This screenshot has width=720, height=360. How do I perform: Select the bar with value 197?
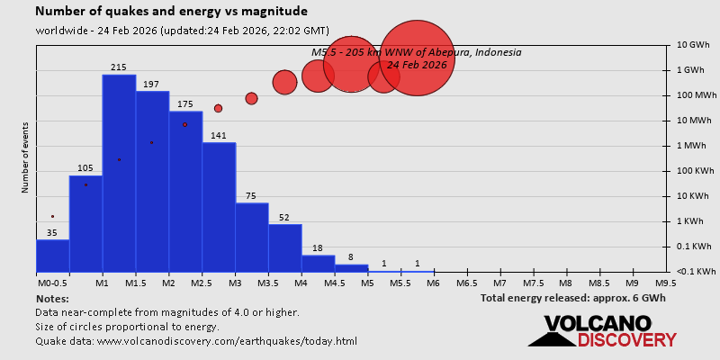click(x=152, y=181)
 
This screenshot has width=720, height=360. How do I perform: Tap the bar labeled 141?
click(x=219, y=207)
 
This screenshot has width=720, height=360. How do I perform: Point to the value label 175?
click(x=185, y=104)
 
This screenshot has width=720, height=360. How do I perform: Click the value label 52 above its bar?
click(x=284, y=218)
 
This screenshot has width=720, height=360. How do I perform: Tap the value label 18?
click(x=318, y=248)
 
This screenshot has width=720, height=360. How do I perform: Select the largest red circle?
click(x=417, y=58)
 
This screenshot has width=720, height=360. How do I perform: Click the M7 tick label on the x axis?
click(x=500, y=283)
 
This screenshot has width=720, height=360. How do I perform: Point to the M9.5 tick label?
click(x=666, y=283)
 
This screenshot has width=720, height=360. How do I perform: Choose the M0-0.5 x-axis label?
click(x=52, y=283)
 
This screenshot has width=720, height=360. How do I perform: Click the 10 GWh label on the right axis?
click(x=694, y=45)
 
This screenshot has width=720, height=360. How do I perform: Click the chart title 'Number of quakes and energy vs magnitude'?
click(x=171, y=12)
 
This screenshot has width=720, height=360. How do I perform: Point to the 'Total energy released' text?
click(x=572, y=298)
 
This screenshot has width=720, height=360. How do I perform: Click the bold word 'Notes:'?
click(x=52, y=298)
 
